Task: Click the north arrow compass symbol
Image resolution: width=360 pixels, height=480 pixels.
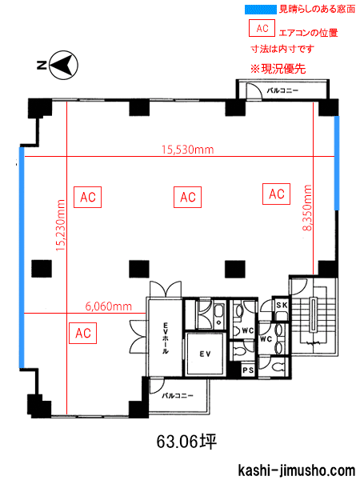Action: click(x=64, y=65)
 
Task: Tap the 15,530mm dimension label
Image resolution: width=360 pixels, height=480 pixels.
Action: click(x=188, y=150)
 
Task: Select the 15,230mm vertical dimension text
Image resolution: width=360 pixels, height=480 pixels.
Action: click(x=60, y=226)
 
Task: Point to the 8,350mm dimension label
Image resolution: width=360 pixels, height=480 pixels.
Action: click(x=306, y=207)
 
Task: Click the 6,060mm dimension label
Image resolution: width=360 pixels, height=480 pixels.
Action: click(x=108, y=306)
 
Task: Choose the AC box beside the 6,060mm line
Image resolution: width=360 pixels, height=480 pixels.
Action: click(x=83, y=333)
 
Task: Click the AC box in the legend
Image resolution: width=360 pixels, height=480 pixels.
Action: click(x=262, y=28)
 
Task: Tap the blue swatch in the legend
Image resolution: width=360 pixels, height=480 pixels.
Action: click(x=260, y=9)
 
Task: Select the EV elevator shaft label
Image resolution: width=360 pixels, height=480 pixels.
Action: click(x=205, y=354)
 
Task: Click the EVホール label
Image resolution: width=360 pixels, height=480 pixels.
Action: click(x=166, y=338)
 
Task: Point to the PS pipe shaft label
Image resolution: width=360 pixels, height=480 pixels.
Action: click(x=248, y=370)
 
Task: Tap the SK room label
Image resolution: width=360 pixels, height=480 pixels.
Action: click(x=282, y=305)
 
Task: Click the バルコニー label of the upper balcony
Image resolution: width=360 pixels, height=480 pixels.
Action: click(x=282, y=90)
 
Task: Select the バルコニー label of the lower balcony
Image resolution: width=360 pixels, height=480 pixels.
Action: click(x=178, y=395)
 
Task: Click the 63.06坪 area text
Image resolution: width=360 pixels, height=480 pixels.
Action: click(x=186, y=442)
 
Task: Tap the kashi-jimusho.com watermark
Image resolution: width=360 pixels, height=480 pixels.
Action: click(x=296, y=470)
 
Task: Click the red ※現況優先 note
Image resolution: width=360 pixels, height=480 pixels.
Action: click(x=278, y=69)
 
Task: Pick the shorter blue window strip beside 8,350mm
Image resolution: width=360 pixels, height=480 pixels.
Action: click(x=337, y=163)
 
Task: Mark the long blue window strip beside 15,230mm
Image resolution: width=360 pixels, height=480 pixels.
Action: click(x=22, y=258)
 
